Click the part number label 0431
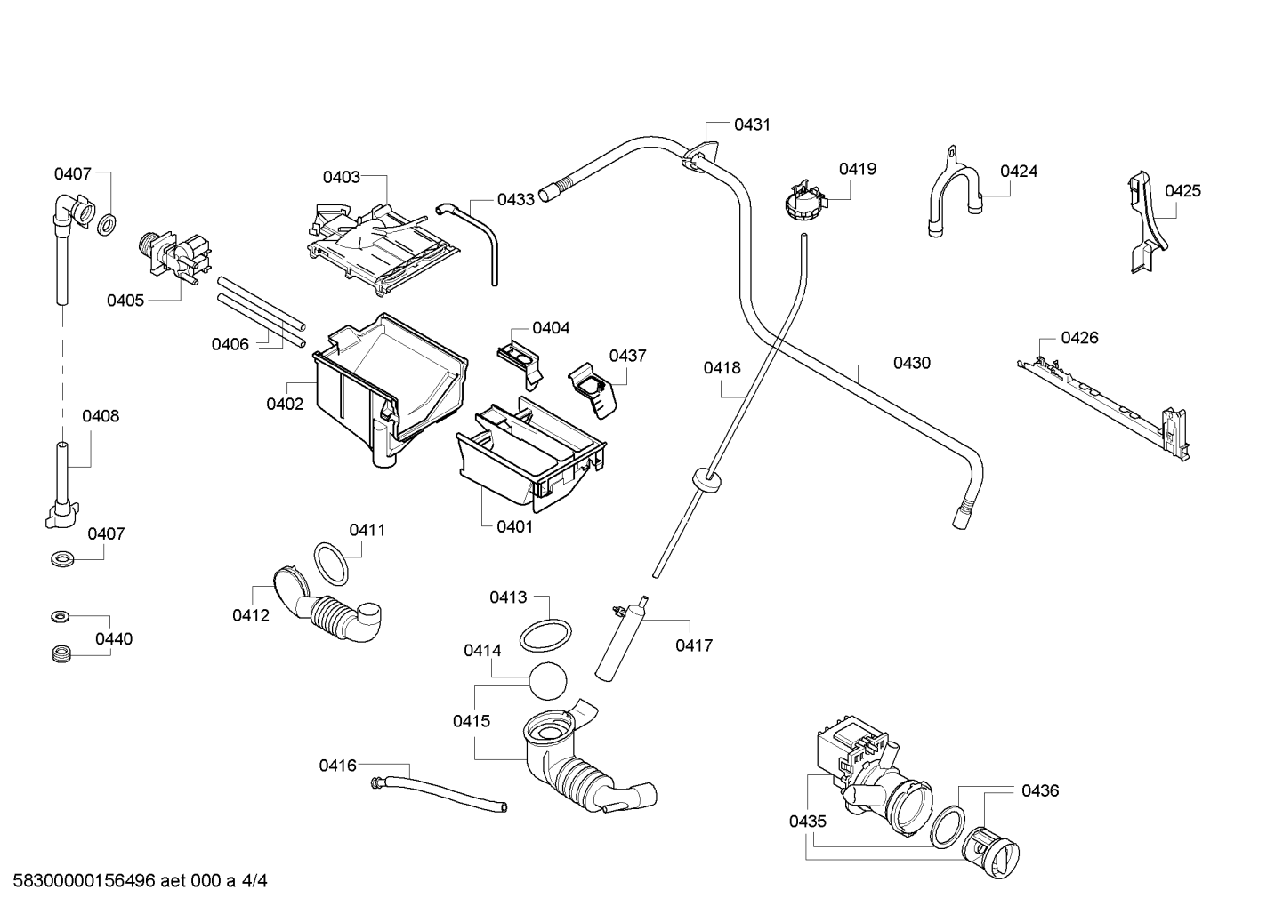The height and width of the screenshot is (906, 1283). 752,124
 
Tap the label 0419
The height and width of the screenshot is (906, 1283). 858,169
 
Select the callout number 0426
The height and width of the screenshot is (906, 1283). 1079,338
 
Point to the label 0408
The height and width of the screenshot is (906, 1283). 101,416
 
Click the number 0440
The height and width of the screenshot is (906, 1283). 114,638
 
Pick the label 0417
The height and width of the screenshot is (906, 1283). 694,645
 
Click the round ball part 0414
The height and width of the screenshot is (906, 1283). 547,681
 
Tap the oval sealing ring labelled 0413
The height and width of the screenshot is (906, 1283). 545,636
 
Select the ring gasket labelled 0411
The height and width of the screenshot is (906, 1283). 331,565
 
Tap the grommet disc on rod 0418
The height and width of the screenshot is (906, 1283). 707,478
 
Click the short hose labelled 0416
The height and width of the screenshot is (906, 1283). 439,792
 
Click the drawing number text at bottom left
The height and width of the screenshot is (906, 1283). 141,881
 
